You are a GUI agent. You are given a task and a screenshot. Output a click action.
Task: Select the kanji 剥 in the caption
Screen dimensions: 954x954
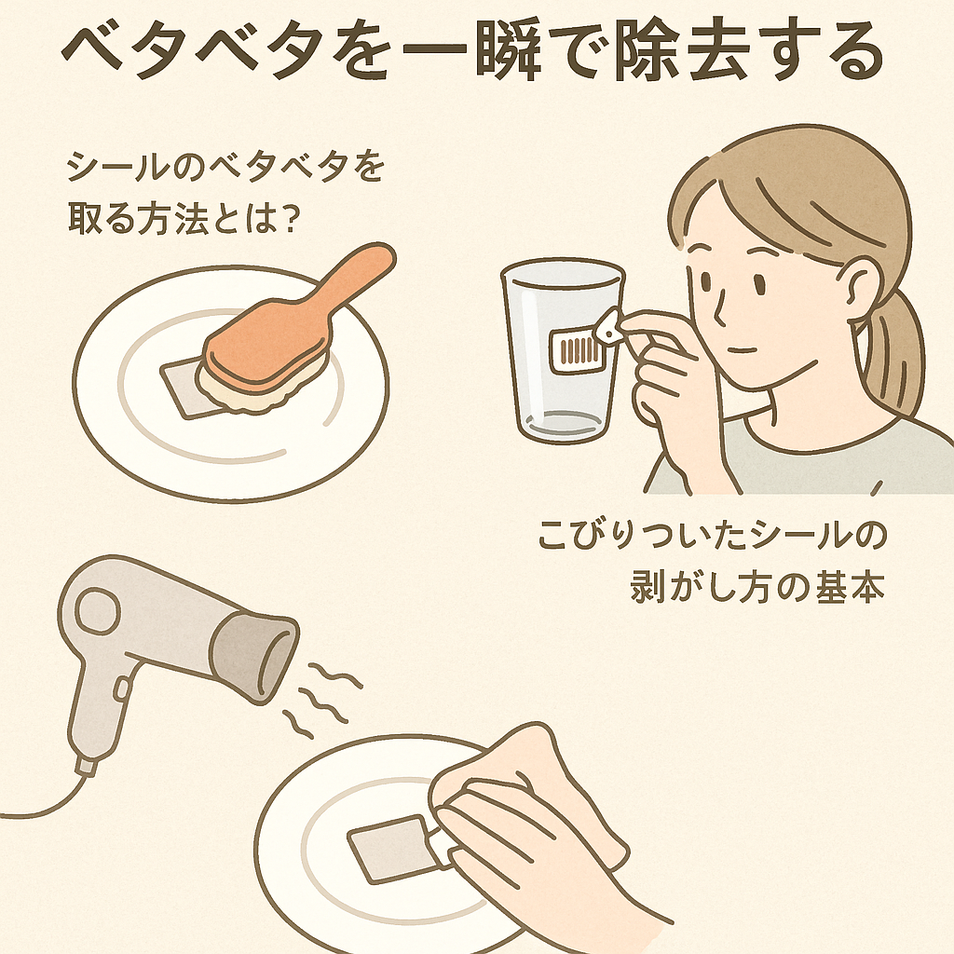pos(647,586)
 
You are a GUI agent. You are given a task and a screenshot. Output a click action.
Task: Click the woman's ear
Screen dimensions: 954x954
pos(860,285)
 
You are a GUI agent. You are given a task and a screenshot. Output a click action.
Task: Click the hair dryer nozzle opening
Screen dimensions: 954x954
pos(278,661)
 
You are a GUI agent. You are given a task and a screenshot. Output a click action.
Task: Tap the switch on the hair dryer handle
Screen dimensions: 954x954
pos(121,688)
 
